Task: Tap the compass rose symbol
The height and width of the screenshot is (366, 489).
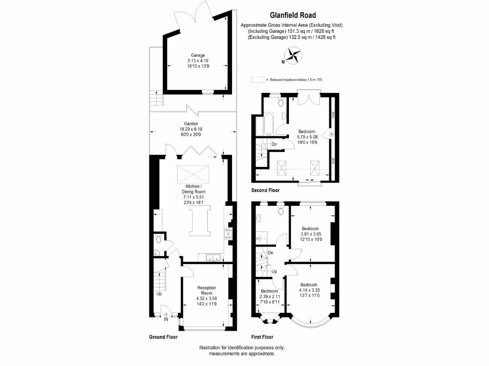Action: [x=294, y=55]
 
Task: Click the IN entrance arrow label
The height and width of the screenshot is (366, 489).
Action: [x=166, y=319]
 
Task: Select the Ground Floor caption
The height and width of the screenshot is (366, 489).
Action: [x=163, y=337]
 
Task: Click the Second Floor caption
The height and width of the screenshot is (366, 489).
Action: [x=266, y=190]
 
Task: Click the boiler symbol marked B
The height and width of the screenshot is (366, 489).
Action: [x=331, y=134]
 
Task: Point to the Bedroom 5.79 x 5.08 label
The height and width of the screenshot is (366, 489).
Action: [x=307, y=132]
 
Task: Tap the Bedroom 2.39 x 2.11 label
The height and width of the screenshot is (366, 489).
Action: [x=269, y=291]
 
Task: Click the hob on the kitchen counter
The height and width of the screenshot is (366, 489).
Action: [x=228, y=233]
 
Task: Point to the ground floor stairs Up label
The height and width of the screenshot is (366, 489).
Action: [x=159, y=294]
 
